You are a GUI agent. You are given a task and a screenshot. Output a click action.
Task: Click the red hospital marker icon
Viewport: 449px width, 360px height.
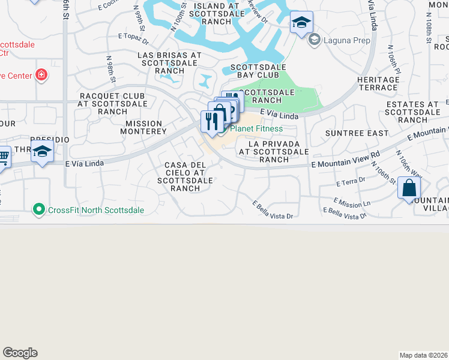coord(41,75)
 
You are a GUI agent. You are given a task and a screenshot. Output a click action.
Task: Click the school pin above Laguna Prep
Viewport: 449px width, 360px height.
coord(301,23)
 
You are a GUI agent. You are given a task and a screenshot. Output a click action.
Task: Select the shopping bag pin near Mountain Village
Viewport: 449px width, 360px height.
coord(409,188)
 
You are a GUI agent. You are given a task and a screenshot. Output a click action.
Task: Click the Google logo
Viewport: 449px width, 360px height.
coord(20,353)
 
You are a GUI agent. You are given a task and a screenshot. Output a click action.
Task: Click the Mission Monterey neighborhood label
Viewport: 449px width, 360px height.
coord(143,127)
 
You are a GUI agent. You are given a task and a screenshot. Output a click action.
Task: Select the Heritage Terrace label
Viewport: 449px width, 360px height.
coord(378,83)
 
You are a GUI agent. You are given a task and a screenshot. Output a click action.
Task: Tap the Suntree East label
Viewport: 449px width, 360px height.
coord(356,133)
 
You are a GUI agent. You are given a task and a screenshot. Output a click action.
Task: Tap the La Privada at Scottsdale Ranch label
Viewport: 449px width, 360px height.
coord(274,152)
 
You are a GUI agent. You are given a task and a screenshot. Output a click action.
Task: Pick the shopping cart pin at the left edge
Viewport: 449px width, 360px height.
coord(4,158)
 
